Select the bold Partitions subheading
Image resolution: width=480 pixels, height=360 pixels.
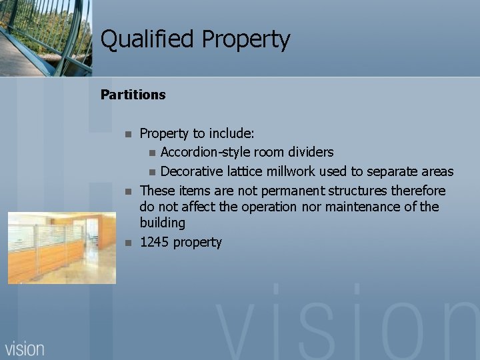tap(133, 95)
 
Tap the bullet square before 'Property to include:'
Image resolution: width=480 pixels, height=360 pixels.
tap(129, 134)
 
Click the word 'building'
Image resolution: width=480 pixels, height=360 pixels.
tap(162, 223)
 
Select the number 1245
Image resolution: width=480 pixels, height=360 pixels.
tap(154, 242)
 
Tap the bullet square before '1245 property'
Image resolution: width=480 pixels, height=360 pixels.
tap(129, 242)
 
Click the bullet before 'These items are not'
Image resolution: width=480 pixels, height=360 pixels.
tap(129, 192)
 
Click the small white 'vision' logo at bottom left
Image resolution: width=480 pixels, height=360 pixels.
tap(25, 348)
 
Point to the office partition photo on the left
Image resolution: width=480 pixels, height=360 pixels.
tap(61, 247)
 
